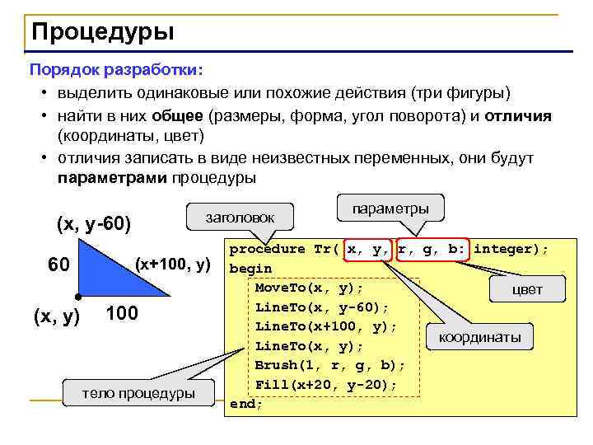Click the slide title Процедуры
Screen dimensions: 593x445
point(103,32)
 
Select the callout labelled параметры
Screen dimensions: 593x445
point(390,208)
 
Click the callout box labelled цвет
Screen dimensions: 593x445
point(527,289)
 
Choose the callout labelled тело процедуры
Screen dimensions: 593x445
point(138,393)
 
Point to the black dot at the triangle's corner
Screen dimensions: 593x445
point(77,296)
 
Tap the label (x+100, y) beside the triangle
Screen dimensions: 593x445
point(174,265)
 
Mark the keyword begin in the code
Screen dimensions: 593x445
point(250,268)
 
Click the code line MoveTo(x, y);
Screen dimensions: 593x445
point(309,288)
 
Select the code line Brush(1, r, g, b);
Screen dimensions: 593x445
point(330,365)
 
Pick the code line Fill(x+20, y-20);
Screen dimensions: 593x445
point(326,384)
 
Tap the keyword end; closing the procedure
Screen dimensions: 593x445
point(246,404)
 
